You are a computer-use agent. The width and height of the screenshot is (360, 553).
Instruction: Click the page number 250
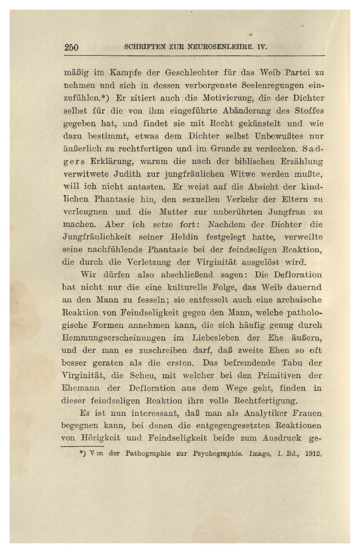(71, 47)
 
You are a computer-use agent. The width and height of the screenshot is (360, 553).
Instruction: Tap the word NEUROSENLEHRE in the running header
(218, 47)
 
